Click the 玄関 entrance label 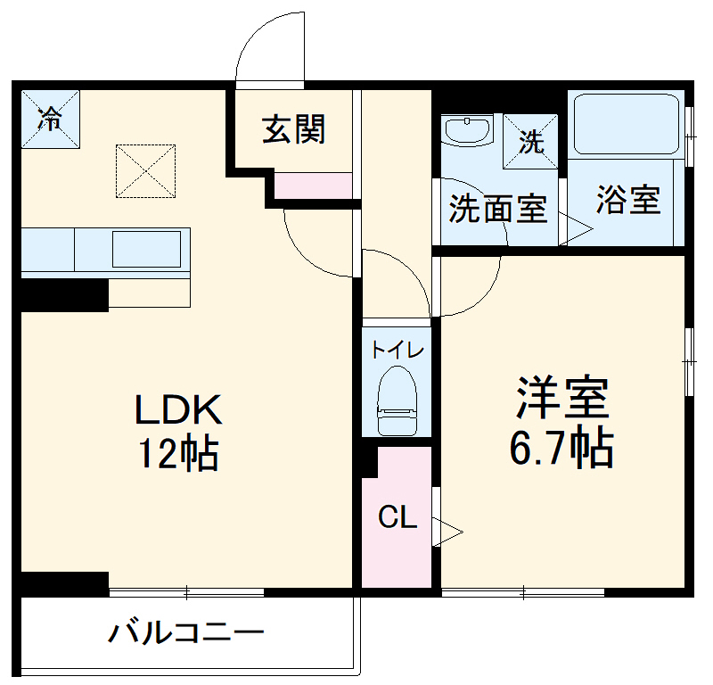click(x=293, y=130)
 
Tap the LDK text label click(x=177, y=409)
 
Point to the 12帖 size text click(x=177, y=454)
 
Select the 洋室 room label click(x=562, y=398)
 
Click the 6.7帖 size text click(x=561, y=448)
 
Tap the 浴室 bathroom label click(x=628, y=200)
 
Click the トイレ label click(x=397, y=350)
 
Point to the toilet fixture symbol click(x=397, y=402)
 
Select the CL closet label click(x=397, y=517)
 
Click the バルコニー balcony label click(x=186, y=634)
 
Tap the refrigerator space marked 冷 click(x=51, y=119)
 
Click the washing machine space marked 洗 click(x=531, y=142)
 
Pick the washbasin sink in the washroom click(x=468, y=131)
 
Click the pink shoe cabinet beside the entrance click(x=312, y=186)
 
